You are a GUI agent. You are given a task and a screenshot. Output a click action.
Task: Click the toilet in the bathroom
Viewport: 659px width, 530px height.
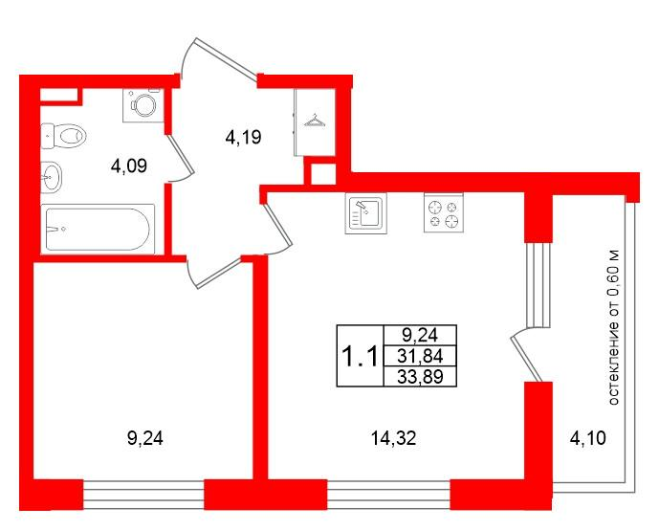click(x=64, y=137)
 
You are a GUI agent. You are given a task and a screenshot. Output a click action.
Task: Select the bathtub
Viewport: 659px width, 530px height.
click(x=97, y=229)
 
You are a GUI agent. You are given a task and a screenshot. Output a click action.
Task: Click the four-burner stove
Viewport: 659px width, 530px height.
click(x=443, y=213)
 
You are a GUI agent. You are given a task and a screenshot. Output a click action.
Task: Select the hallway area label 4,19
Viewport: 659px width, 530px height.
click(x=243, y=138)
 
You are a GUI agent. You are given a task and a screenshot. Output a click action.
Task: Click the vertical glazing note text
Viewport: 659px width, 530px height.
click(x=615, y=324)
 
